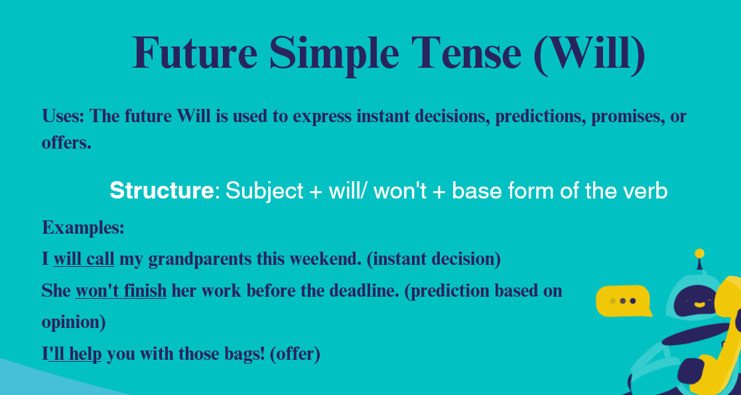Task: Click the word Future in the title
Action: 194,52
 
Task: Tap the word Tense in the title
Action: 466,52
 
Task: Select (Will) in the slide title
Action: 589,54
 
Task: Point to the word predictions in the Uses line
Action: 540,116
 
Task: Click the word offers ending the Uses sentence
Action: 66,142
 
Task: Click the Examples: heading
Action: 83,228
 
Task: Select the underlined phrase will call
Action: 84,259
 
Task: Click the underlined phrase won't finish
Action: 121,291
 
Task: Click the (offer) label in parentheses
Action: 295,355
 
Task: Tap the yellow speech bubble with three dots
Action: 624,301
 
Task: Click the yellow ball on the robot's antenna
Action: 699,254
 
